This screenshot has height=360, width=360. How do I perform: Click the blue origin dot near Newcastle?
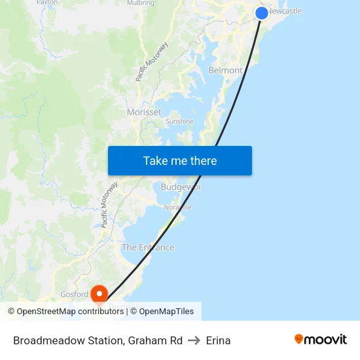click(x=261, y=12)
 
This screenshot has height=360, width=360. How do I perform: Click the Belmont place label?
click(x=225, y=70)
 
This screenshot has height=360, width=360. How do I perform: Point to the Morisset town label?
click(x=144, y=112)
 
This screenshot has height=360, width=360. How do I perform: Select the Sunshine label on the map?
click(x=179, y=121)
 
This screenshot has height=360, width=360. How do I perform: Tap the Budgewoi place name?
click(x=180, y=187)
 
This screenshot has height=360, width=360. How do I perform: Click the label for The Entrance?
click(x=148, y=247)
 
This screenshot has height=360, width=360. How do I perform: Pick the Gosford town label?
click(x=74, y=295)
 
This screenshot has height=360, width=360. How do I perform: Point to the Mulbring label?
click(x=141, y=3)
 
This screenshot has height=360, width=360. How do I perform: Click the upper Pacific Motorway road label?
click(x=152, y=62)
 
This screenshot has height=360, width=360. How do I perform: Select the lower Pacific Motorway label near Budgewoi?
click(x=109, y=204)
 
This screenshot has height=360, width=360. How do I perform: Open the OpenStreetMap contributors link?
click(x=70, y=312)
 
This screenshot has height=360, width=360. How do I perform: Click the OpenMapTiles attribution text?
click(x=166, y=312)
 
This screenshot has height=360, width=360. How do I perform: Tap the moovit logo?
click(x=321, y=339)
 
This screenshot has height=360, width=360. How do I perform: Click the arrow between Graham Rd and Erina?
click(x=194, y=340)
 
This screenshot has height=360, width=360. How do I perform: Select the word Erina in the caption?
click(x=218, y=340)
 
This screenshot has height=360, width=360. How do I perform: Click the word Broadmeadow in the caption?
click(x=43, y=340)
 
